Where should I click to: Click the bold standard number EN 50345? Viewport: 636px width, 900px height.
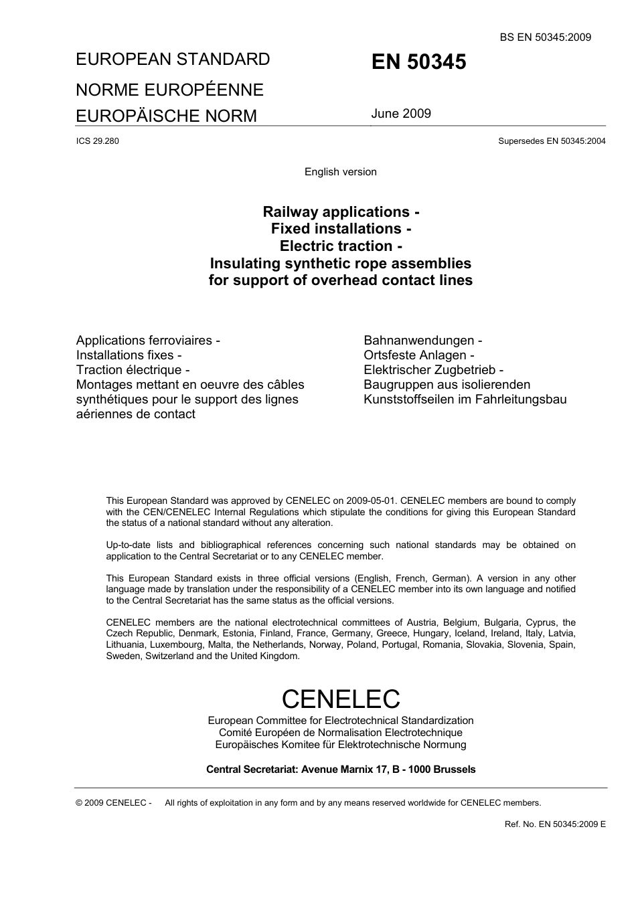click(x=418, y=62)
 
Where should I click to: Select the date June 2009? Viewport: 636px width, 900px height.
click(x=401, y=114)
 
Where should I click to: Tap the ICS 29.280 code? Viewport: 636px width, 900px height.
click(x=98, y=141)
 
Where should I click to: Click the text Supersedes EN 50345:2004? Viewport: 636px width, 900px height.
click(x=552, y=141)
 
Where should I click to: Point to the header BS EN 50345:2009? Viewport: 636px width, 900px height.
click(x=545, y=37)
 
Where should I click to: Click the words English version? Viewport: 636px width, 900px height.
click(x=340, y=172)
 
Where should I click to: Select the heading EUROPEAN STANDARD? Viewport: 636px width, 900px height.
click(x=173, y=60)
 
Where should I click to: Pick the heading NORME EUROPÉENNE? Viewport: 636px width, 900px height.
click(x=169, y=90)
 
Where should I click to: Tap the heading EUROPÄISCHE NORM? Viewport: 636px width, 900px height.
click(x=166, y=116)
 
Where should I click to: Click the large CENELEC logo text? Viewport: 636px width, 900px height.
click(x=340, y=699)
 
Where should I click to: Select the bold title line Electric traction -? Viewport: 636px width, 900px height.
click(x=340, y=246)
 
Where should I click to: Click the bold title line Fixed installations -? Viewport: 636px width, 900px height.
click(x=340, y=229)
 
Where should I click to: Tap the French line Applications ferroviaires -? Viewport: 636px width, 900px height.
click(x=148, y=341)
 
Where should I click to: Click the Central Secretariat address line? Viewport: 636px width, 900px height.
click(x=340, y=770)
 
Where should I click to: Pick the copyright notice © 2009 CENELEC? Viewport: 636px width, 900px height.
click(x=114, y=803)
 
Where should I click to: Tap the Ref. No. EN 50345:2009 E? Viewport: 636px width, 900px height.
click(x=554, y=824)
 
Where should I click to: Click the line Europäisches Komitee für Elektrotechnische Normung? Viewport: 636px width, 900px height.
click(x=340, y=745)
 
